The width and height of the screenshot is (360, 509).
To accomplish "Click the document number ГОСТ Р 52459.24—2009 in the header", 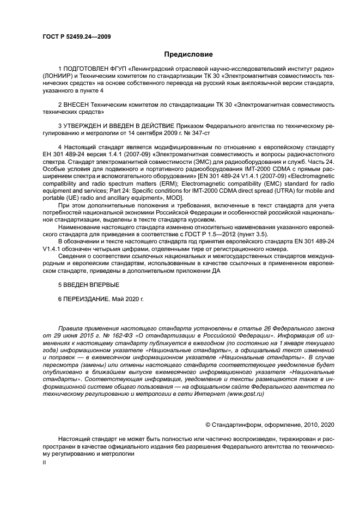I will click(77, 36).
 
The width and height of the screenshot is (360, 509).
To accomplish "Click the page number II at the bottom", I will click(44, 462).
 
